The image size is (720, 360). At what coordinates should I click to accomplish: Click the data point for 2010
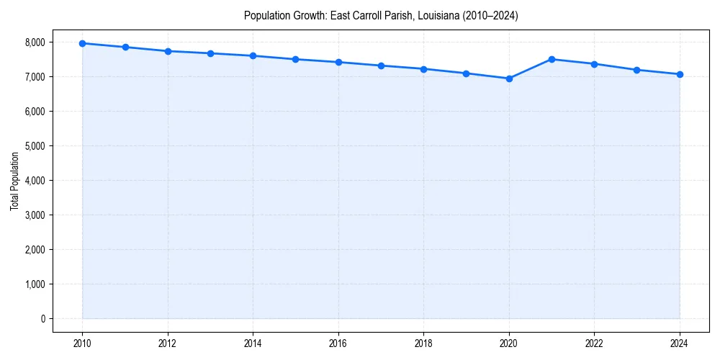(x=82, y=43)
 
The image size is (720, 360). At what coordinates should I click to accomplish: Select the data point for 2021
(x=552, y=59)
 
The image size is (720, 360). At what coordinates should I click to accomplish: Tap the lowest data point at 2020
(x=509, y=78)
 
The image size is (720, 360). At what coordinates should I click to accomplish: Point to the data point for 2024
(x=680, y=74)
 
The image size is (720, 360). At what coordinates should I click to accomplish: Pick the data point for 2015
(x=296, y=59)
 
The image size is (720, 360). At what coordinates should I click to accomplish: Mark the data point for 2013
(x=210, y=53)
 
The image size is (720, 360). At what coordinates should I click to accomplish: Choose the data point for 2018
(x=423, y=69)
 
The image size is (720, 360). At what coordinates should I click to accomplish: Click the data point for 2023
(x=636, y=70)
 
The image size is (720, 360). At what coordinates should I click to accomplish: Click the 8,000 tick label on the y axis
(x=35, y=42)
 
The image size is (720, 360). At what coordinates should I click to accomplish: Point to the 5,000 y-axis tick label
(x=35, y=146)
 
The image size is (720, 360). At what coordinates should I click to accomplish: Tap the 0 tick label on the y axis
(x=42, y=319)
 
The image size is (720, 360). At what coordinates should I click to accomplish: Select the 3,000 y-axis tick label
(x=35, y=215)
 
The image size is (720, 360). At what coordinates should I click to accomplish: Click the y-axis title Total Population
(x=14, y=181)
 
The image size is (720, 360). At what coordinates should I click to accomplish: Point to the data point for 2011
(x=125, y=47)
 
